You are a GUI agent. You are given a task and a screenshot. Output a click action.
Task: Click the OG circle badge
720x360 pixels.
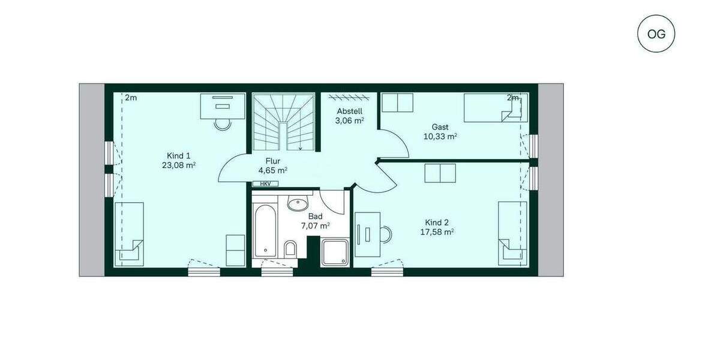click(656, 34)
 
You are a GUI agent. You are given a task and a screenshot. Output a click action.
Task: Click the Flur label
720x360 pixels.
click(273, 161)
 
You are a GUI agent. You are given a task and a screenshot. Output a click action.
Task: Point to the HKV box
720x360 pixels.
click(265, 184)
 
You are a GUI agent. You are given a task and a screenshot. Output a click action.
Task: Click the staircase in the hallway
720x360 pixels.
click(284, 122)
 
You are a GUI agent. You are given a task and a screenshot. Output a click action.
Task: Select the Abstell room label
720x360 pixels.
click(350, 112)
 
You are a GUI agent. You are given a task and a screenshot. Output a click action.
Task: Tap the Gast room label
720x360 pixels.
click(440, 127)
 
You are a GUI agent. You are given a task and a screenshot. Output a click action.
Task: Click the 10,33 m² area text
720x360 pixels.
click(440, 137)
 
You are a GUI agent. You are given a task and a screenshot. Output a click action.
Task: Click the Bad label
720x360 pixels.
click(315, 216)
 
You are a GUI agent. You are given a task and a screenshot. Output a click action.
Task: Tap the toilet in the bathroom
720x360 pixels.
click(290, 250)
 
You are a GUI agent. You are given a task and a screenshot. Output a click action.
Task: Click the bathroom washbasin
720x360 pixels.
click(297, 204)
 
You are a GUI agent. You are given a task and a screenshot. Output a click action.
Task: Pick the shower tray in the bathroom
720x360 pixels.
click(335, 251)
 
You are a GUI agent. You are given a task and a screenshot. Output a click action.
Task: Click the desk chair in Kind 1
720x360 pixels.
click(223, 125)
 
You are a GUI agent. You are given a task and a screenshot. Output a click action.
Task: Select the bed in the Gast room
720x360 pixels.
click(495, 107)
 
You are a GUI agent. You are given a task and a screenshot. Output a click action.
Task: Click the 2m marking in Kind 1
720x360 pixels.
click(131, 98)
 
